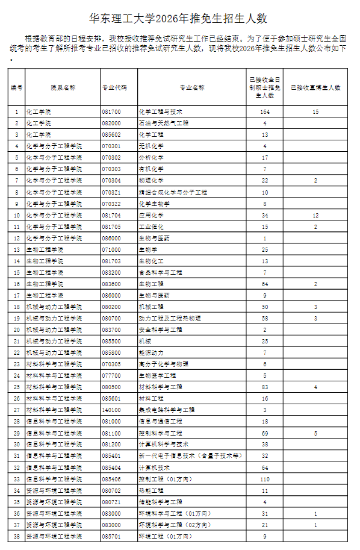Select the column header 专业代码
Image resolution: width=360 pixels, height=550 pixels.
114,87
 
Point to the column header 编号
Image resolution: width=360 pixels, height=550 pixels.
17,87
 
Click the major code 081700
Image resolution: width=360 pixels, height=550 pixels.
111,112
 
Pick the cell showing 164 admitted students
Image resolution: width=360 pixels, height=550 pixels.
264,112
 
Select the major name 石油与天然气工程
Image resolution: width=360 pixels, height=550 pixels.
164,123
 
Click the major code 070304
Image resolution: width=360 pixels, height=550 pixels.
111,181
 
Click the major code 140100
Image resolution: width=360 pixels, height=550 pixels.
111,410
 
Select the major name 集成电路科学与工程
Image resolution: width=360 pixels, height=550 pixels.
167,410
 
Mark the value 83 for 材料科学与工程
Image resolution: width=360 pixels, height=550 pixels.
264,387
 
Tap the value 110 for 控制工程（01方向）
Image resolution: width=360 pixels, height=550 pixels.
264,479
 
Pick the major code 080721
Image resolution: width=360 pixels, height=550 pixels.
111,502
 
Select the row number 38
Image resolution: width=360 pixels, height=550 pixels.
17,536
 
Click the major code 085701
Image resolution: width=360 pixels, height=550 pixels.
111,536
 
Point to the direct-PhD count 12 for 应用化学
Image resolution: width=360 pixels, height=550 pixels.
315,215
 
